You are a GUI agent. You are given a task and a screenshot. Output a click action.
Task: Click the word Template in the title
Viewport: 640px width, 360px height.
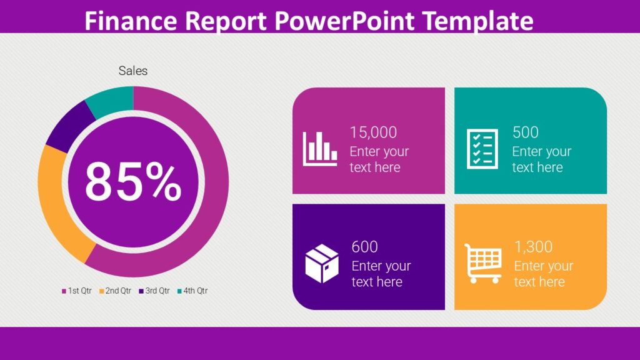pos(478,21)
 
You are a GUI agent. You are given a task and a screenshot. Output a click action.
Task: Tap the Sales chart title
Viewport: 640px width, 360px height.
pos(133,71)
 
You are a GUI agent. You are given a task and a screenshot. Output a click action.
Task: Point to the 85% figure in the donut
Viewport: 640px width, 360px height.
pos(133,182)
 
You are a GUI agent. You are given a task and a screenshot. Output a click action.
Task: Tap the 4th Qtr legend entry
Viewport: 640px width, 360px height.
pos(192,291)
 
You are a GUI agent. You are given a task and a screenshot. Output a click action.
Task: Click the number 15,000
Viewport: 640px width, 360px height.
pos(373,132)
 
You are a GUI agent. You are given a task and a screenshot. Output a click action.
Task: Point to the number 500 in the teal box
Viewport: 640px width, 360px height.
pos(525,132)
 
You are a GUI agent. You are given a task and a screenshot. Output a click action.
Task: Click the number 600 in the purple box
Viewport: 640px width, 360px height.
pos(364,246)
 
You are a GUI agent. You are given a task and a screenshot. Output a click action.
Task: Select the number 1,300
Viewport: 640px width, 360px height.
pos(533,246)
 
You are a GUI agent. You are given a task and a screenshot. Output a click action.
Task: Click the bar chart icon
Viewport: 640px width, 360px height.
pos(320,149)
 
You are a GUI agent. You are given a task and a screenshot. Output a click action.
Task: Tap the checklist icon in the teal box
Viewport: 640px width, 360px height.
pos(482,149)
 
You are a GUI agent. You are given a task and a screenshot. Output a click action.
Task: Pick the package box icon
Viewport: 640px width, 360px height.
pos(322,263)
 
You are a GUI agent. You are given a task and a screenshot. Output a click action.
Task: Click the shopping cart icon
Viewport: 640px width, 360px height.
pos(483,263)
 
